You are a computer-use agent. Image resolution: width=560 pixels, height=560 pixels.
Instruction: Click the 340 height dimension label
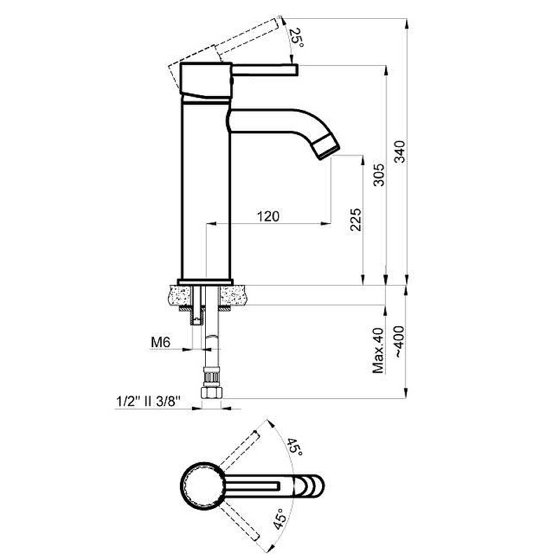pyautogui.click(x=400, y=152)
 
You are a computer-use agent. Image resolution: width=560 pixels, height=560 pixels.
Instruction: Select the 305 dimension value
pyautogui.click(x=379, y=174)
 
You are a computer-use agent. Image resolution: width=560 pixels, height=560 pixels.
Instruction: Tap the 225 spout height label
pyautogui.click(x=356, y=220)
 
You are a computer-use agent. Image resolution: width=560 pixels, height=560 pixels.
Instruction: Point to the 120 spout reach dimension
pyautogui.click(x=268, y=216)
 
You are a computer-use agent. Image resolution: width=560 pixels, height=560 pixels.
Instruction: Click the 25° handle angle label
pyautogui.click(x=296, y=38)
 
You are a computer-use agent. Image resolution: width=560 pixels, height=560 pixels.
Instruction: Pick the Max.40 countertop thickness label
pyautogui.click(x=378, y=351)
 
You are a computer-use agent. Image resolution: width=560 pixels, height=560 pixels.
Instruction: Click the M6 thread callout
pyautogui.click(x=161, y=342)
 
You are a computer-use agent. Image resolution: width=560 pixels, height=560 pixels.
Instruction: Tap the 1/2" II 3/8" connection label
pyautogui.click(x=148, y=401)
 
